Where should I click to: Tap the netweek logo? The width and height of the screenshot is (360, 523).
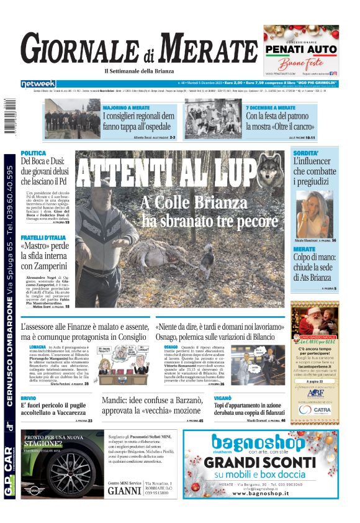38,83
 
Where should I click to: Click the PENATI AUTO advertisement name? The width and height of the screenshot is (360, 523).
300,49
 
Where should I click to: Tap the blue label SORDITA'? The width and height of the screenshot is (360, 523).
305,153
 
